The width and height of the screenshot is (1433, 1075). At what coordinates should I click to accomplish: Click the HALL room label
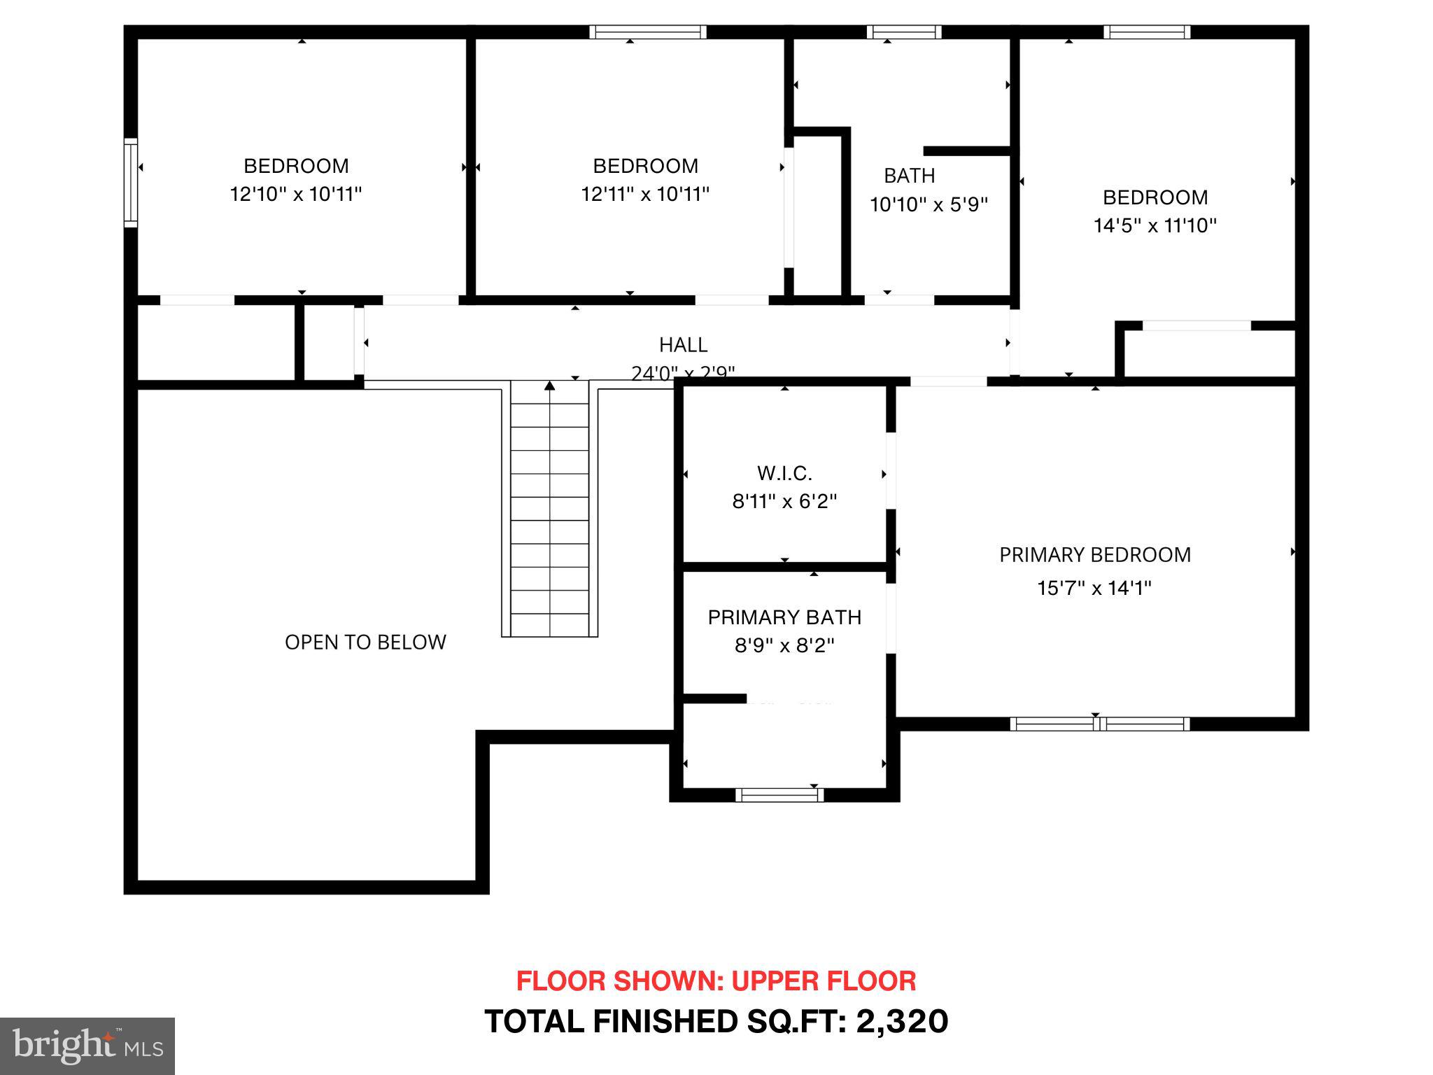pyautogui.click(x=683, y=345)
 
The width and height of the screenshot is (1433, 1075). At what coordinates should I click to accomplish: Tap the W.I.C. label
pyautogui.click(x=784, y=474)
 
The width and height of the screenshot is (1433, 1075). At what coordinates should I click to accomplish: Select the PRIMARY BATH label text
pyautogui.click(x=784, y=617)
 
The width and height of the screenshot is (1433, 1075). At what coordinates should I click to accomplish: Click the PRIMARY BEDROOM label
pyautogui.click(x=1094, y=555)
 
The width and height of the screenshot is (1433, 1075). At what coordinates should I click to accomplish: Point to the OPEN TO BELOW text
pyautogui.click(x=365, y=642)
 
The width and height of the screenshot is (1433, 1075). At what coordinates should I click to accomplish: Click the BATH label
pyautogui.click(x=909, y=176)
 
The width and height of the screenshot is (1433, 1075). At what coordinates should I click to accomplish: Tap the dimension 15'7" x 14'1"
pyautogui.click(x=1094, y=588)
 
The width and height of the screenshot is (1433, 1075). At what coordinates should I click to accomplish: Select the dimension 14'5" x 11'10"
pyautogui.click(x=1155, y=225)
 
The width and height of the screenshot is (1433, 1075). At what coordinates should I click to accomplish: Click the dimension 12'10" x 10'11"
pyautogui.click(x=296, y=194)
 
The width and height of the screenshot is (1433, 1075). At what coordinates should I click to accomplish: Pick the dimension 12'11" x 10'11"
pyautogui.click(x=645, y=194)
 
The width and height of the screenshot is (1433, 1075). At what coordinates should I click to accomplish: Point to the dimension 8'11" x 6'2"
pyautogui.click(x=784, y=502)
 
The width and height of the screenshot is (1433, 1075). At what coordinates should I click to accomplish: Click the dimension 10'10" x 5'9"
pyautogui.click(x=929, y=205)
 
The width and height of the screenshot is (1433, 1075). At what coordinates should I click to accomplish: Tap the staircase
pyautogui.click(x=550, y=518)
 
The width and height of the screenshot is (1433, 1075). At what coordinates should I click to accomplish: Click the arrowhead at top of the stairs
pyautogui.click(x=550, y=386)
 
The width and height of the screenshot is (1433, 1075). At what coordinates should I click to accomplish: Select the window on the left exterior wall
pyautogui.click(x=131, y=183)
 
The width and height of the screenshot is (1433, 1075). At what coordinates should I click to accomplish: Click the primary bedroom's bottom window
pyautogui.click(x=1099, y=724)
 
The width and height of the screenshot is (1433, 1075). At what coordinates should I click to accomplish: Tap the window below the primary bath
pyautogui.click(x=779, y=795)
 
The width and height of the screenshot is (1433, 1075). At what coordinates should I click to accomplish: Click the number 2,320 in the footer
pyautogui.click(x=902, y=1022)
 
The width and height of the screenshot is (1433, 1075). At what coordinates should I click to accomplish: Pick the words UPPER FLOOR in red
pyautogui.click(x=824, y=981)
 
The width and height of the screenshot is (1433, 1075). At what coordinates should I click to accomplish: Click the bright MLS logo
pyautogui.click(x=87, y=1046)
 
